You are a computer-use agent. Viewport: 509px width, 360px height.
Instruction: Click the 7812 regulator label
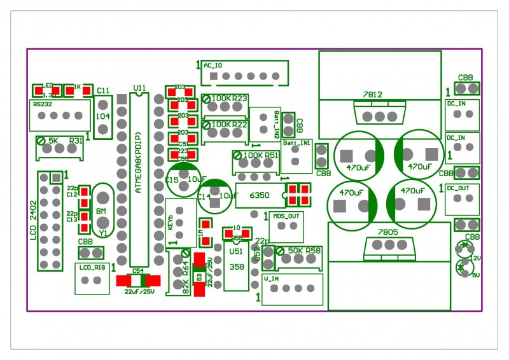372,95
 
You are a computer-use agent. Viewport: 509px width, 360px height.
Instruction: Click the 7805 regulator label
387,233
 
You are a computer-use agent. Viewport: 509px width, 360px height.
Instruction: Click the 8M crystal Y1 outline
102,210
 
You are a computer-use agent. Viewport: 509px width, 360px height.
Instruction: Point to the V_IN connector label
271,278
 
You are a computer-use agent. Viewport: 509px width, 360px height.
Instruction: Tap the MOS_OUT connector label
286,216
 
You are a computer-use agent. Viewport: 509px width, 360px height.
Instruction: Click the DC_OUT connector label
457,188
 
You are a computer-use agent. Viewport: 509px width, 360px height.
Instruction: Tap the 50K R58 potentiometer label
304,251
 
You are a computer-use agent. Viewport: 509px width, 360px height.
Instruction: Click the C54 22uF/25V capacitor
137,287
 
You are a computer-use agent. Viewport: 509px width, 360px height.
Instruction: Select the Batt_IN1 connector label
296,144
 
